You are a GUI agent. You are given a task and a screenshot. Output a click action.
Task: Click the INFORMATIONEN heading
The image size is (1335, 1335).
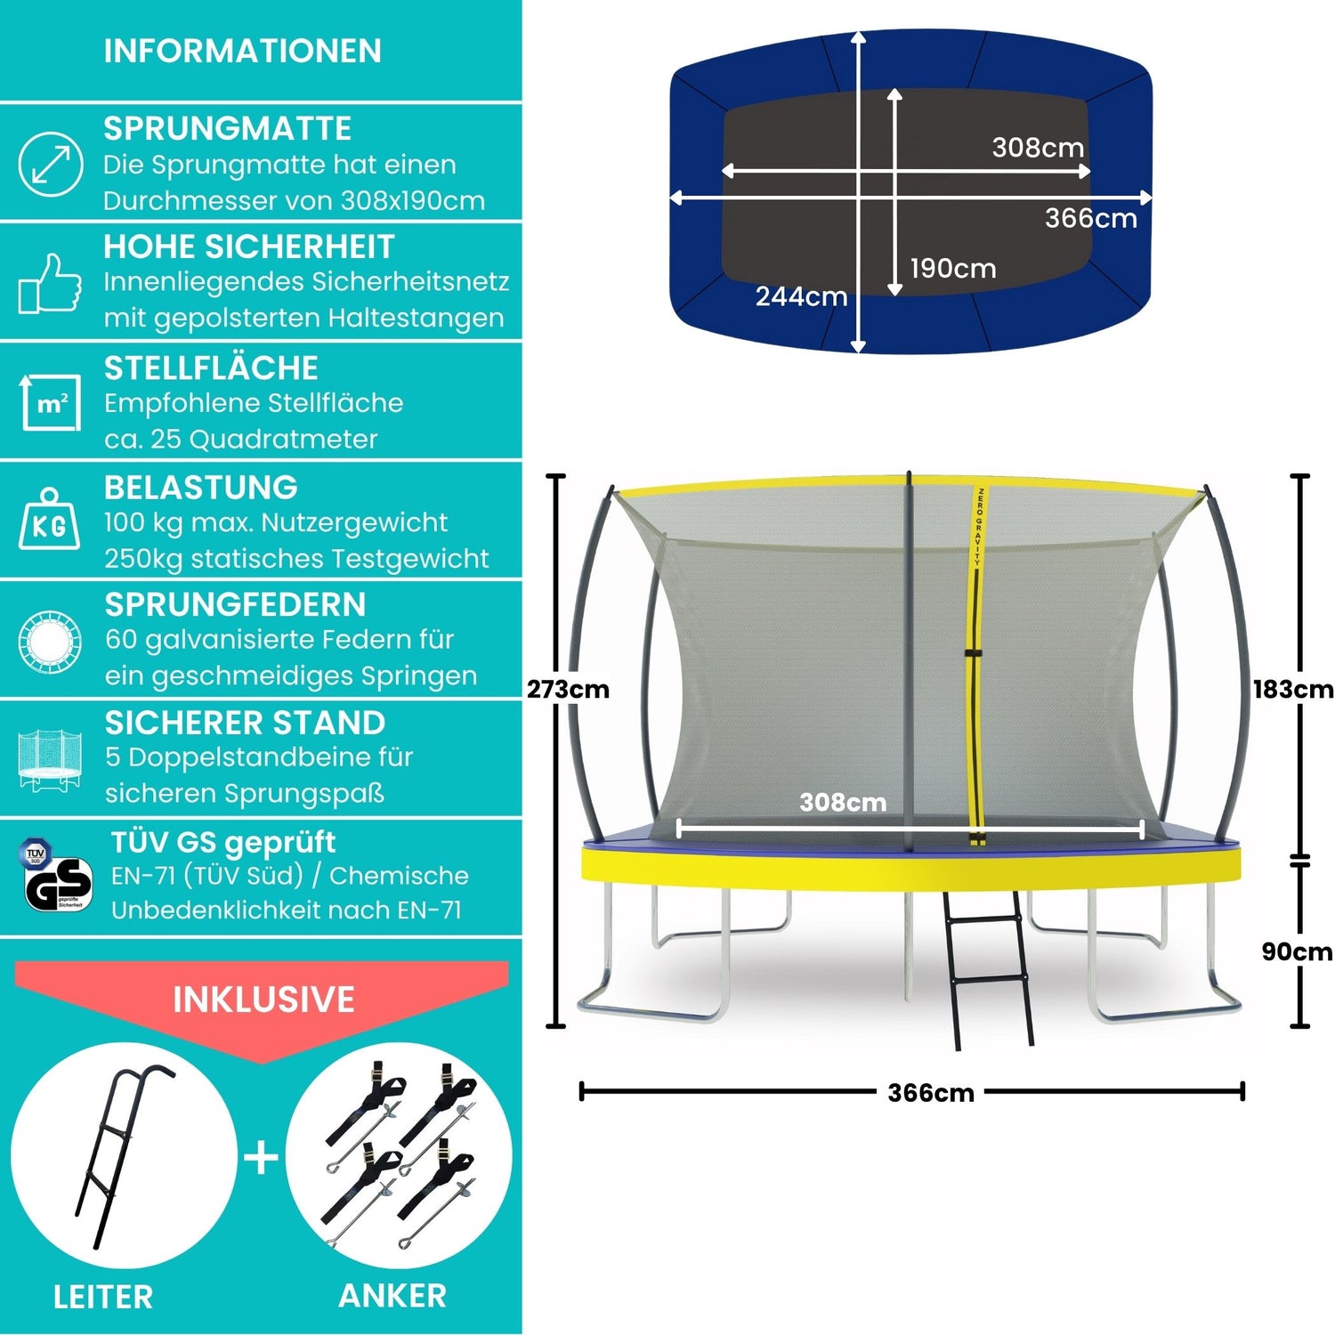(x=242, y=51)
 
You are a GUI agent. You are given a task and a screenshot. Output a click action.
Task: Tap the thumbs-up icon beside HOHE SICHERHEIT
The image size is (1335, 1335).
(x=50, y=283)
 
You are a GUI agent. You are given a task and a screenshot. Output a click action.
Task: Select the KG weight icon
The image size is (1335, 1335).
(x=50, y=521)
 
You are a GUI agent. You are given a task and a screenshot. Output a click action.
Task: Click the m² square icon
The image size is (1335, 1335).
(x=51, y=402)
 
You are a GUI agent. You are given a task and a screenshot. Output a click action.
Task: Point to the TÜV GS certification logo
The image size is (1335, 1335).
(x=55, y=877)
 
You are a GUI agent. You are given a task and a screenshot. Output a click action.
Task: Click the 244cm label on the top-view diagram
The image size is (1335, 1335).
(x=801, y=296)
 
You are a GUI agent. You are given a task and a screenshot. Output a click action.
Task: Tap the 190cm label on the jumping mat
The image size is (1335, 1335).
(x=952, y=268)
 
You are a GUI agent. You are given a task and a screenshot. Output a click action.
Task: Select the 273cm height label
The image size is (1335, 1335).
(x=568, y=690)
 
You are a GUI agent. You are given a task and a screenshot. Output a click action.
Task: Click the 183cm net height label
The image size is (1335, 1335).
(x=1292, y=690)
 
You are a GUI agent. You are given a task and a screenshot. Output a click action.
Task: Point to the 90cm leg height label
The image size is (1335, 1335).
(x=1296, y=951)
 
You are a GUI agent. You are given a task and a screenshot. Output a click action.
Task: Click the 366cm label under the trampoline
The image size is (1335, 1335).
(x=931, y=1093)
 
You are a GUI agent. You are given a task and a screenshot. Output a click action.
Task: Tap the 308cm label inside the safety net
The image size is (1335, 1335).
(x=843, y=803)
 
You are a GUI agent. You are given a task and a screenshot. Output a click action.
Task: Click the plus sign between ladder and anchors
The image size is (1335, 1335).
(x=262, y=1158)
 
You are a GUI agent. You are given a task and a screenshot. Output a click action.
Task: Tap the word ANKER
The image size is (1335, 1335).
(x=392, y=1296)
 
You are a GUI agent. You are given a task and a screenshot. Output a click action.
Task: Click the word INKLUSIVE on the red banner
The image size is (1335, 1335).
(x=263, y=999)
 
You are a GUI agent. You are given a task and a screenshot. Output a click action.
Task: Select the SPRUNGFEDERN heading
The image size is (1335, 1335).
(x=235, y=604)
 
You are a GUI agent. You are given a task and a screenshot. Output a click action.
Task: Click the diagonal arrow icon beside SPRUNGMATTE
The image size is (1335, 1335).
(x=51, y=164)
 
